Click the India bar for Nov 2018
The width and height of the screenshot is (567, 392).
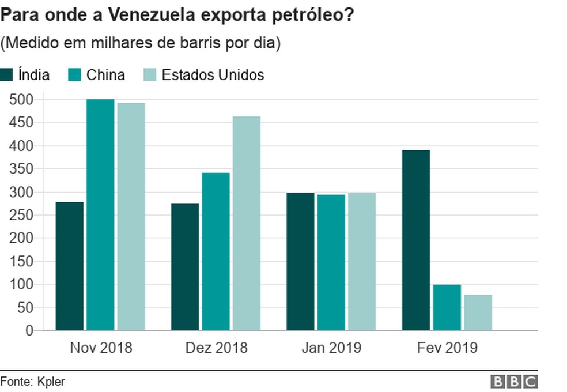point(70,266)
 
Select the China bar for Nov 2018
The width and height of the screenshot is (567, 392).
point(100,214)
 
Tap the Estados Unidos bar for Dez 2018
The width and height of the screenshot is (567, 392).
point(247,224)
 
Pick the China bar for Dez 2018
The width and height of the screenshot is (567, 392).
point(216,251)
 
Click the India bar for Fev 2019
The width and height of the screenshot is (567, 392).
point(416,240)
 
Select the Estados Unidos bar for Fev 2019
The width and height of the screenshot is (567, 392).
point(478,312)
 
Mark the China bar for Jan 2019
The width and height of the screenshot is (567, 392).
point(331,262)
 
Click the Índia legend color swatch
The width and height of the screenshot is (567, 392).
point(7,75)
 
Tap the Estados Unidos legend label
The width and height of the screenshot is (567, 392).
point(213,75)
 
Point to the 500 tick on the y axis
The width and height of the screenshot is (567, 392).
point(22,100)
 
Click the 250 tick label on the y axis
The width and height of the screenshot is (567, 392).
point(22,215)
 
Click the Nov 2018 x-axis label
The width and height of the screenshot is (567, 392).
point(101,348)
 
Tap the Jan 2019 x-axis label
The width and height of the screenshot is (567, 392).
point(331,348)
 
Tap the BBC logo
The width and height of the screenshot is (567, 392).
point(514,381)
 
